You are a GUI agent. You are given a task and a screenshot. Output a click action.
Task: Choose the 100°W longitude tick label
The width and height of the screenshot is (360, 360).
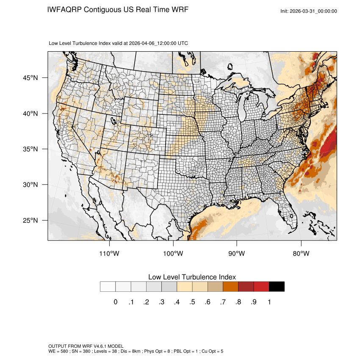173,254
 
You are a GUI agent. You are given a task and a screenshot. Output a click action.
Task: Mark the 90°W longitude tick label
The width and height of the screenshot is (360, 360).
237,254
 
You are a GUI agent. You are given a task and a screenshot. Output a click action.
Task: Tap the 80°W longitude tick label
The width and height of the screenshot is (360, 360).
301,254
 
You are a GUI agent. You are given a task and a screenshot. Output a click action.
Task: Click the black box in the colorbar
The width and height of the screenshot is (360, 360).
277,287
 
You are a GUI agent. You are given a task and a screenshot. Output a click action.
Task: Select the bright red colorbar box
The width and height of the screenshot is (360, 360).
261,287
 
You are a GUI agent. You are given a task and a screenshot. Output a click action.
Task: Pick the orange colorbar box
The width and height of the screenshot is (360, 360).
230,287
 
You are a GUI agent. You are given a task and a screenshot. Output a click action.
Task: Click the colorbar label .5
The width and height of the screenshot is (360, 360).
192,302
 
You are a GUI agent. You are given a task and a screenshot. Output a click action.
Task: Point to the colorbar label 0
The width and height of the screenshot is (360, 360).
115,302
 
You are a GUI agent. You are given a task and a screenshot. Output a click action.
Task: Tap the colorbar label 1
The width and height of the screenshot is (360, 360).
269,302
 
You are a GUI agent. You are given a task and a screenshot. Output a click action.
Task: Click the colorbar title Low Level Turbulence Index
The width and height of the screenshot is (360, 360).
192,277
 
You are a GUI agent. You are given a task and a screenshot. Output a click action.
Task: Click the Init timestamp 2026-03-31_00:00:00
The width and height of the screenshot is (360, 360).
313,11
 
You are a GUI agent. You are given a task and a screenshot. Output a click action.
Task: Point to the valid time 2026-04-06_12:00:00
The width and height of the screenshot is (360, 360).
153,43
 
